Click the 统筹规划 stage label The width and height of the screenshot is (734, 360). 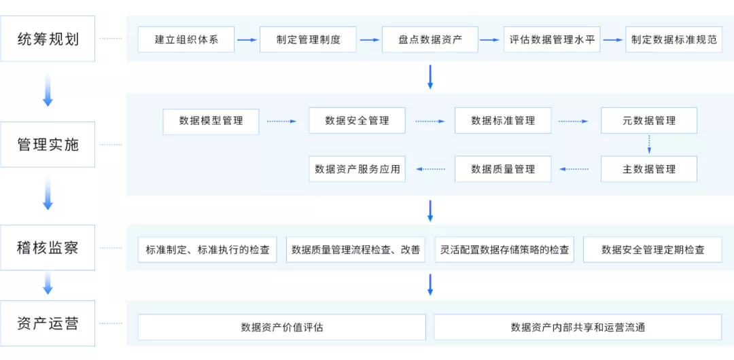tap(48, 39)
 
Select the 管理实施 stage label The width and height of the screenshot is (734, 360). tap(48, 144)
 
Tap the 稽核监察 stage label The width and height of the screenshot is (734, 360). tap(48, 248)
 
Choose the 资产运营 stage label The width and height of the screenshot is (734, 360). tap(48, 323)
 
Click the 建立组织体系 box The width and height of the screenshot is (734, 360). tap(186, 39)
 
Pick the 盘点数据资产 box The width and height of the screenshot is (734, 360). tap(430, 39)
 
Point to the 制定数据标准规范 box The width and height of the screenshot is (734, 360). tap(674, 39)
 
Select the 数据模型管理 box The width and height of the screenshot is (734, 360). tap(211, 121)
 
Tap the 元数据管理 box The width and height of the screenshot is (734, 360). tap(649, 121)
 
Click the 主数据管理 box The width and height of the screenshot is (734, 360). tap(649, 169)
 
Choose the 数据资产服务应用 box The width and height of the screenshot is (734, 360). tap(357, 169)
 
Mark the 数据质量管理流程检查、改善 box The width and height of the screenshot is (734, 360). tap(355, 250)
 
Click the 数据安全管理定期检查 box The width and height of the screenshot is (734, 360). tap(652, 250)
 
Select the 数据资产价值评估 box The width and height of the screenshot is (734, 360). tap(282, 327)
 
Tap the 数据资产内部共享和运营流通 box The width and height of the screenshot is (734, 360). tap(578, 327)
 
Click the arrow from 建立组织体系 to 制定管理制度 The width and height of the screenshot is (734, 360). tap(248, 40)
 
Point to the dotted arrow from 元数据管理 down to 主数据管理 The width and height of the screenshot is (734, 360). tap(649, 145)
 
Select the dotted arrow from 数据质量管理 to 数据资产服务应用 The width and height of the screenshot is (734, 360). tap(431, 169)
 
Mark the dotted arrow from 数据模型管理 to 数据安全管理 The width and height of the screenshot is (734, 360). tap(281, 122)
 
